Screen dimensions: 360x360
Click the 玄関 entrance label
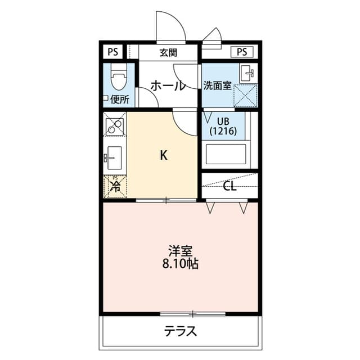168,53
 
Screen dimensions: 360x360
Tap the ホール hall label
168,86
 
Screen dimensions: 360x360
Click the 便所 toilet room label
119,100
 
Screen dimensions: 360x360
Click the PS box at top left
113,52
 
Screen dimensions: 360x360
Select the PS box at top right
242,52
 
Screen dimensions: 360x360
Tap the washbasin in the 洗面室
247,73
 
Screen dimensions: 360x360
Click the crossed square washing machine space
245,95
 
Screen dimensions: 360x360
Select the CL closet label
229,186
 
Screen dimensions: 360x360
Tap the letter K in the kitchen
164,156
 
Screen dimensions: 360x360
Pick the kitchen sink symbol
114,156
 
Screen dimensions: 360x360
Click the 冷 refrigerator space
115,186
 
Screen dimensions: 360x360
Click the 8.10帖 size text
181,263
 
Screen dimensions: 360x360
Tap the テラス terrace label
181,331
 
